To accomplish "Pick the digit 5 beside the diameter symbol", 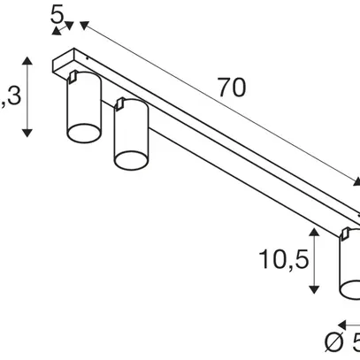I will [355, 341].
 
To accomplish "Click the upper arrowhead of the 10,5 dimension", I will [315, 232].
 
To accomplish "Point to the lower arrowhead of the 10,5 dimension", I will [315, 290].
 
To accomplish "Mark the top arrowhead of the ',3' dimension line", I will [28, 61].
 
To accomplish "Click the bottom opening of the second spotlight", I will [129, 158].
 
